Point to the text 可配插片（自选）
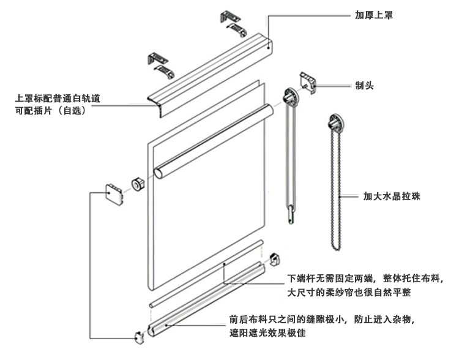(52, 112)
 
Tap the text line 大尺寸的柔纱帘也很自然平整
(349, 293)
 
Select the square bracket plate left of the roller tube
(114, 193)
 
